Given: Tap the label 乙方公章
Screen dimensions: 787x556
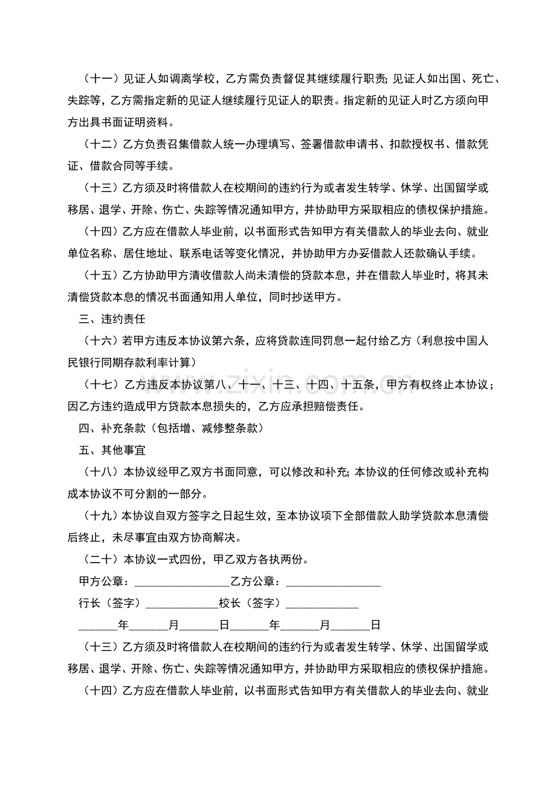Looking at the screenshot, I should pyautogui.click(x=254, y=581).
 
